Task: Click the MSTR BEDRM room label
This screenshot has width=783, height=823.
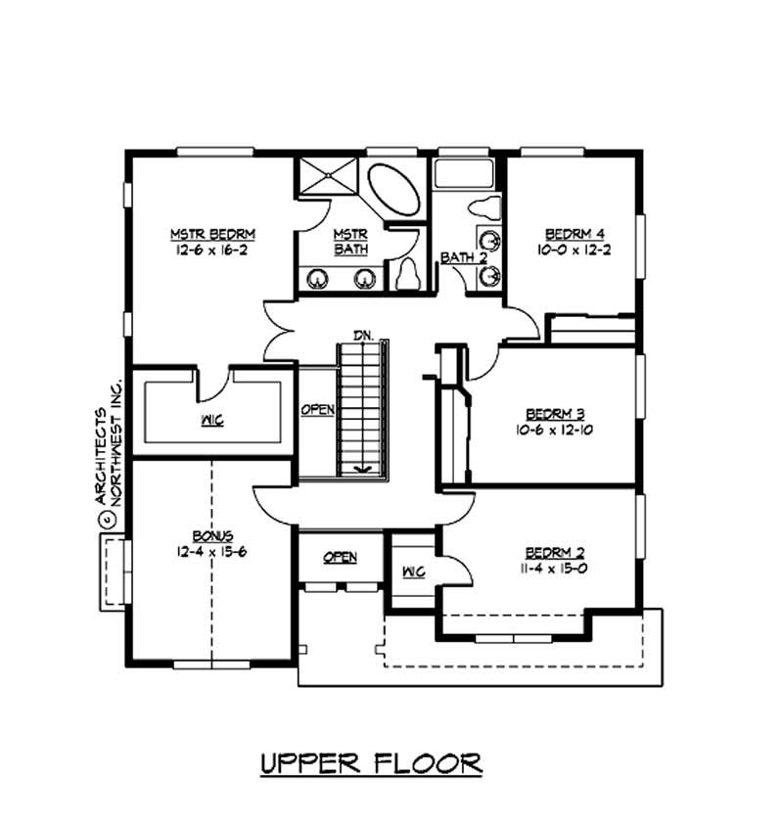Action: [212, 234]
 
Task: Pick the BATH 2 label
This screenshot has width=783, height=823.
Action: [463, 257]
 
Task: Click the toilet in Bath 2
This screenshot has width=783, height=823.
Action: [484, 207]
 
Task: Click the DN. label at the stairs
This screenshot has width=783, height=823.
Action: [364, 336]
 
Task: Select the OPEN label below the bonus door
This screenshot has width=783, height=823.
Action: [340, 558]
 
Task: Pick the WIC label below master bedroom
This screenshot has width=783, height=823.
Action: [212, 421]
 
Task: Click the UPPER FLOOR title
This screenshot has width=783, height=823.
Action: [371, 762]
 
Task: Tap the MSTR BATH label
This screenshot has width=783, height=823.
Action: [348, 242]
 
